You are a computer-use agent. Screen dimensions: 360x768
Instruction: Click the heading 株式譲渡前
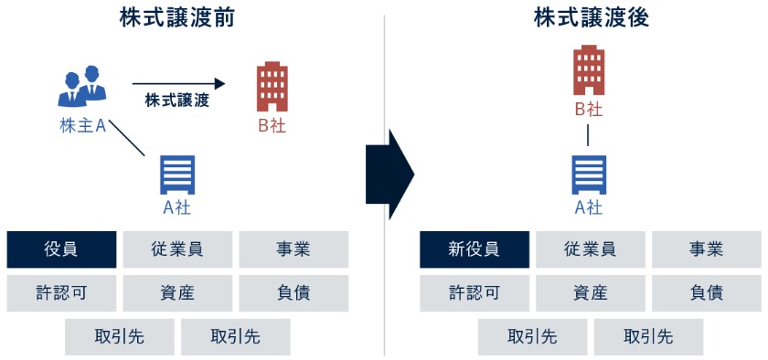pyautogui.click(x=177, y=17)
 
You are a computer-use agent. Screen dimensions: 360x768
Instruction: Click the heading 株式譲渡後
pyautogui.click(x=592, y=17)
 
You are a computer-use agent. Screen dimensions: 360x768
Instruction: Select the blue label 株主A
pyautogui.click(x=83, y=126)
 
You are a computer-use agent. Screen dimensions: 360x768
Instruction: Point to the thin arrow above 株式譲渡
pyautogui.click(x=177, y=82)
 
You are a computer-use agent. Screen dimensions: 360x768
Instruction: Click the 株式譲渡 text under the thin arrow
pyautogui.click(x=177, y=101)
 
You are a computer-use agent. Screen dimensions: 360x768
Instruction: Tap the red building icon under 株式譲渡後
pyautogui.click(x=589, y=69)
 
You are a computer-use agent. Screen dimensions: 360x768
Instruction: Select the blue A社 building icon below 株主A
pyautogui.click(x=177, y=175)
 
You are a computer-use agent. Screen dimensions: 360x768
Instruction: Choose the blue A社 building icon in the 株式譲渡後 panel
pyautogui.click(x=589, y=175)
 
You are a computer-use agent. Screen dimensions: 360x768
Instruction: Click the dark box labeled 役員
pyautogui.click(x=61, y=249)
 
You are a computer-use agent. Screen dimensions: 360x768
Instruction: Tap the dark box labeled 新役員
pyautogui.click(x=474, y=249)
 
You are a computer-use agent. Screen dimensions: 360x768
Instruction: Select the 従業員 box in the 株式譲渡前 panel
pyautogui.click(x=177, y=249)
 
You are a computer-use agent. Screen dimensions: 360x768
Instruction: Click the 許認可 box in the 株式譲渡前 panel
pyautogui.click(x=61, y=293)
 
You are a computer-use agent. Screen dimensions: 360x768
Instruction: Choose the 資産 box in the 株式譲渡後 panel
pyautogui.click(x=590, y=293)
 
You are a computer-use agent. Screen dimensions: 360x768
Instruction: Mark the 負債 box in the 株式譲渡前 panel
pyautogui.click(x=293, y=293)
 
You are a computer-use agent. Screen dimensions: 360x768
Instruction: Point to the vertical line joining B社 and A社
pyautogui.click(x=588, y=135)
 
